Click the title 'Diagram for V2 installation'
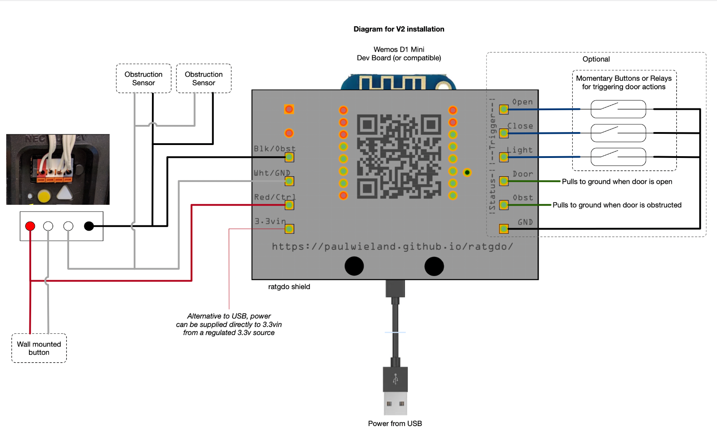[x=399, y=29]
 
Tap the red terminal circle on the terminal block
[x=30, y=226]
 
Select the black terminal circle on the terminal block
[x=89, y=226]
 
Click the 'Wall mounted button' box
[x=39, y=348]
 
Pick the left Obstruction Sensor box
[x=143, y=79]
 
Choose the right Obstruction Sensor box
[x=204, y=79]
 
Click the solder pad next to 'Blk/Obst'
[x=289, y=157]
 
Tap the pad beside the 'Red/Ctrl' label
[x=289, y=205]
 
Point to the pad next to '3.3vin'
[x=289, y=229]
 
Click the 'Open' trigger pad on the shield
[x=504, y=109]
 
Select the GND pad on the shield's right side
[x=504, y=229]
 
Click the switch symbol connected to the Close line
[x=618, y=133]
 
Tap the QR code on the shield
[x=399, y=156]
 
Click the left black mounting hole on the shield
[x=354, y=266]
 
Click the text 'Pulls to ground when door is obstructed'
[x=617, y=205]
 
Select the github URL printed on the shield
[x=392, y=246]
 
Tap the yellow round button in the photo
[x=44, y=195]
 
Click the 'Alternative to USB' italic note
[x=229, y=324]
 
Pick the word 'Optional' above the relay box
[x=596, y=59]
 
